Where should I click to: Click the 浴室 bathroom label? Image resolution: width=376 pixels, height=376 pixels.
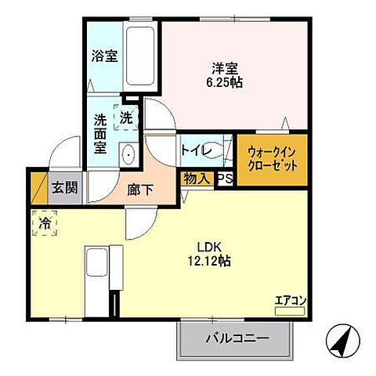click(105, 57)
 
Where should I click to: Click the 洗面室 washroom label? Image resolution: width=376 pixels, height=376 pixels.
click(101, 133)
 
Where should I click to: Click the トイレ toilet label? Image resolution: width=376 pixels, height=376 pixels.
click(193, 150)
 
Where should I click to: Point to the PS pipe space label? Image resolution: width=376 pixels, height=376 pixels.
click(224, 179)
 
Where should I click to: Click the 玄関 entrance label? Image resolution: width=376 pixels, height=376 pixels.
click(64, 188)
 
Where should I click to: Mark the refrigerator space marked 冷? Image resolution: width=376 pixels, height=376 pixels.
click(45, 223)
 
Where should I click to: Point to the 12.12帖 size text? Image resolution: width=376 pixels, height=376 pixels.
click(208, 259)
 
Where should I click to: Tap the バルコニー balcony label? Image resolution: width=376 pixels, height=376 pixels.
click(237, 339)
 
